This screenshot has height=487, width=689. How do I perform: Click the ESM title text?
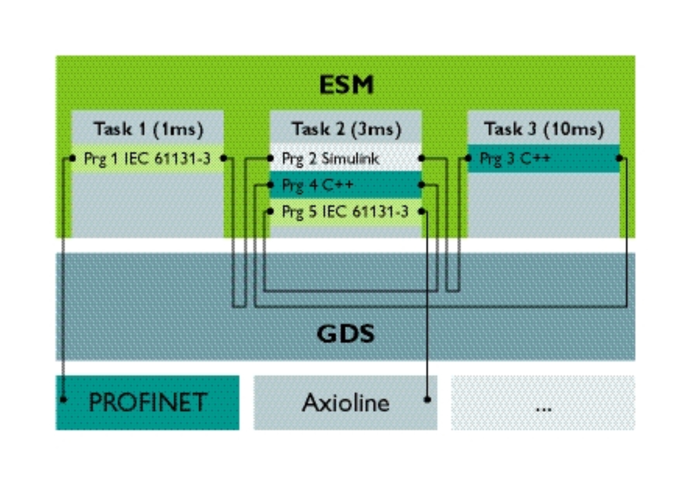click(x=346, y=85)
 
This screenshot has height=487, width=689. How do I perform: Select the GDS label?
click(x=345, y=333)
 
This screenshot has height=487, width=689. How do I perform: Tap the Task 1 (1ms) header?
click(x=148, y=129)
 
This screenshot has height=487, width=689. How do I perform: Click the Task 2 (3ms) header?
click(x=346, y=129)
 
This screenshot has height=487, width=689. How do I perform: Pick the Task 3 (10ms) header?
click(x=544, y=129)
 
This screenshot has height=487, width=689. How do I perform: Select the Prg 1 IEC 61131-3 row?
click(x=147, y=159)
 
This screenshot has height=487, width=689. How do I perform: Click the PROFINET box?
click(x=148, y=402)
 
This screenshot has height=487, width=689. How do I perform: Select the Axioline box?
click(x=345, y=402)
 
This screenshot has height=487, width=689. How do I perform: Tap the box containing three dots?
click(x=543, y=402)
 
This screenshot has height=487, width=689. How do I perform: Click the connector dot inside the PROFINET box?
click(x=64, y=399)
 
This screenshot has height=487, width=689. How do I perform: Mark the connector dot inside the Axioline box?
click(x=427, y=399)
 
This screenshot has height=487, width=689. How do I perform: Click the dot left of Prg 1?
click(x=72, y=159)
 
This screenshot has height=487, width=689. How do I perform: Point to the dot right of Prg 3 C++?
click(x=619, y=158)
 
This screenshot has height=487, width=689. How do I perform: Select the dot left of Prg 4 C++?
click(x=271, y=185)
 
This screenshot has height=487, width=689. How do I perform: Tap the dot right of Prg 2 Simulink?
click(x=421, y=158)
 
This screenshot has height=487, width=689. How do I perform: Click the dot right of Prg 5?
click(x=421, y=212)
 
